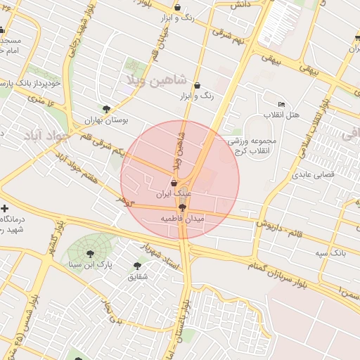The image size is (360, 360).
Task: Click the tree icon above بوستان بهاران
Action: [x=106, y=109]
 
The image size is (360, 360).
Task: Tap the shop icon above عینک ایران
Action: [x=174, y=182]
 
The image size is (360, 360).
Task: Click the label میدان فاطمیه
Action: [x=183, y=219]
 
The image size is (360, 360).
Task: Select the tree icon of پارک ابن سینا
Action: [x=90, y=254]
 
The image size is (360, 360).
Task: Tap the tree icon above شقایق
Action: [x=137, y=266]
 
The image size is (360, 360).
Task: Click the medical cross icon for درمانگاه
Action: [x=5, y=209]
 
